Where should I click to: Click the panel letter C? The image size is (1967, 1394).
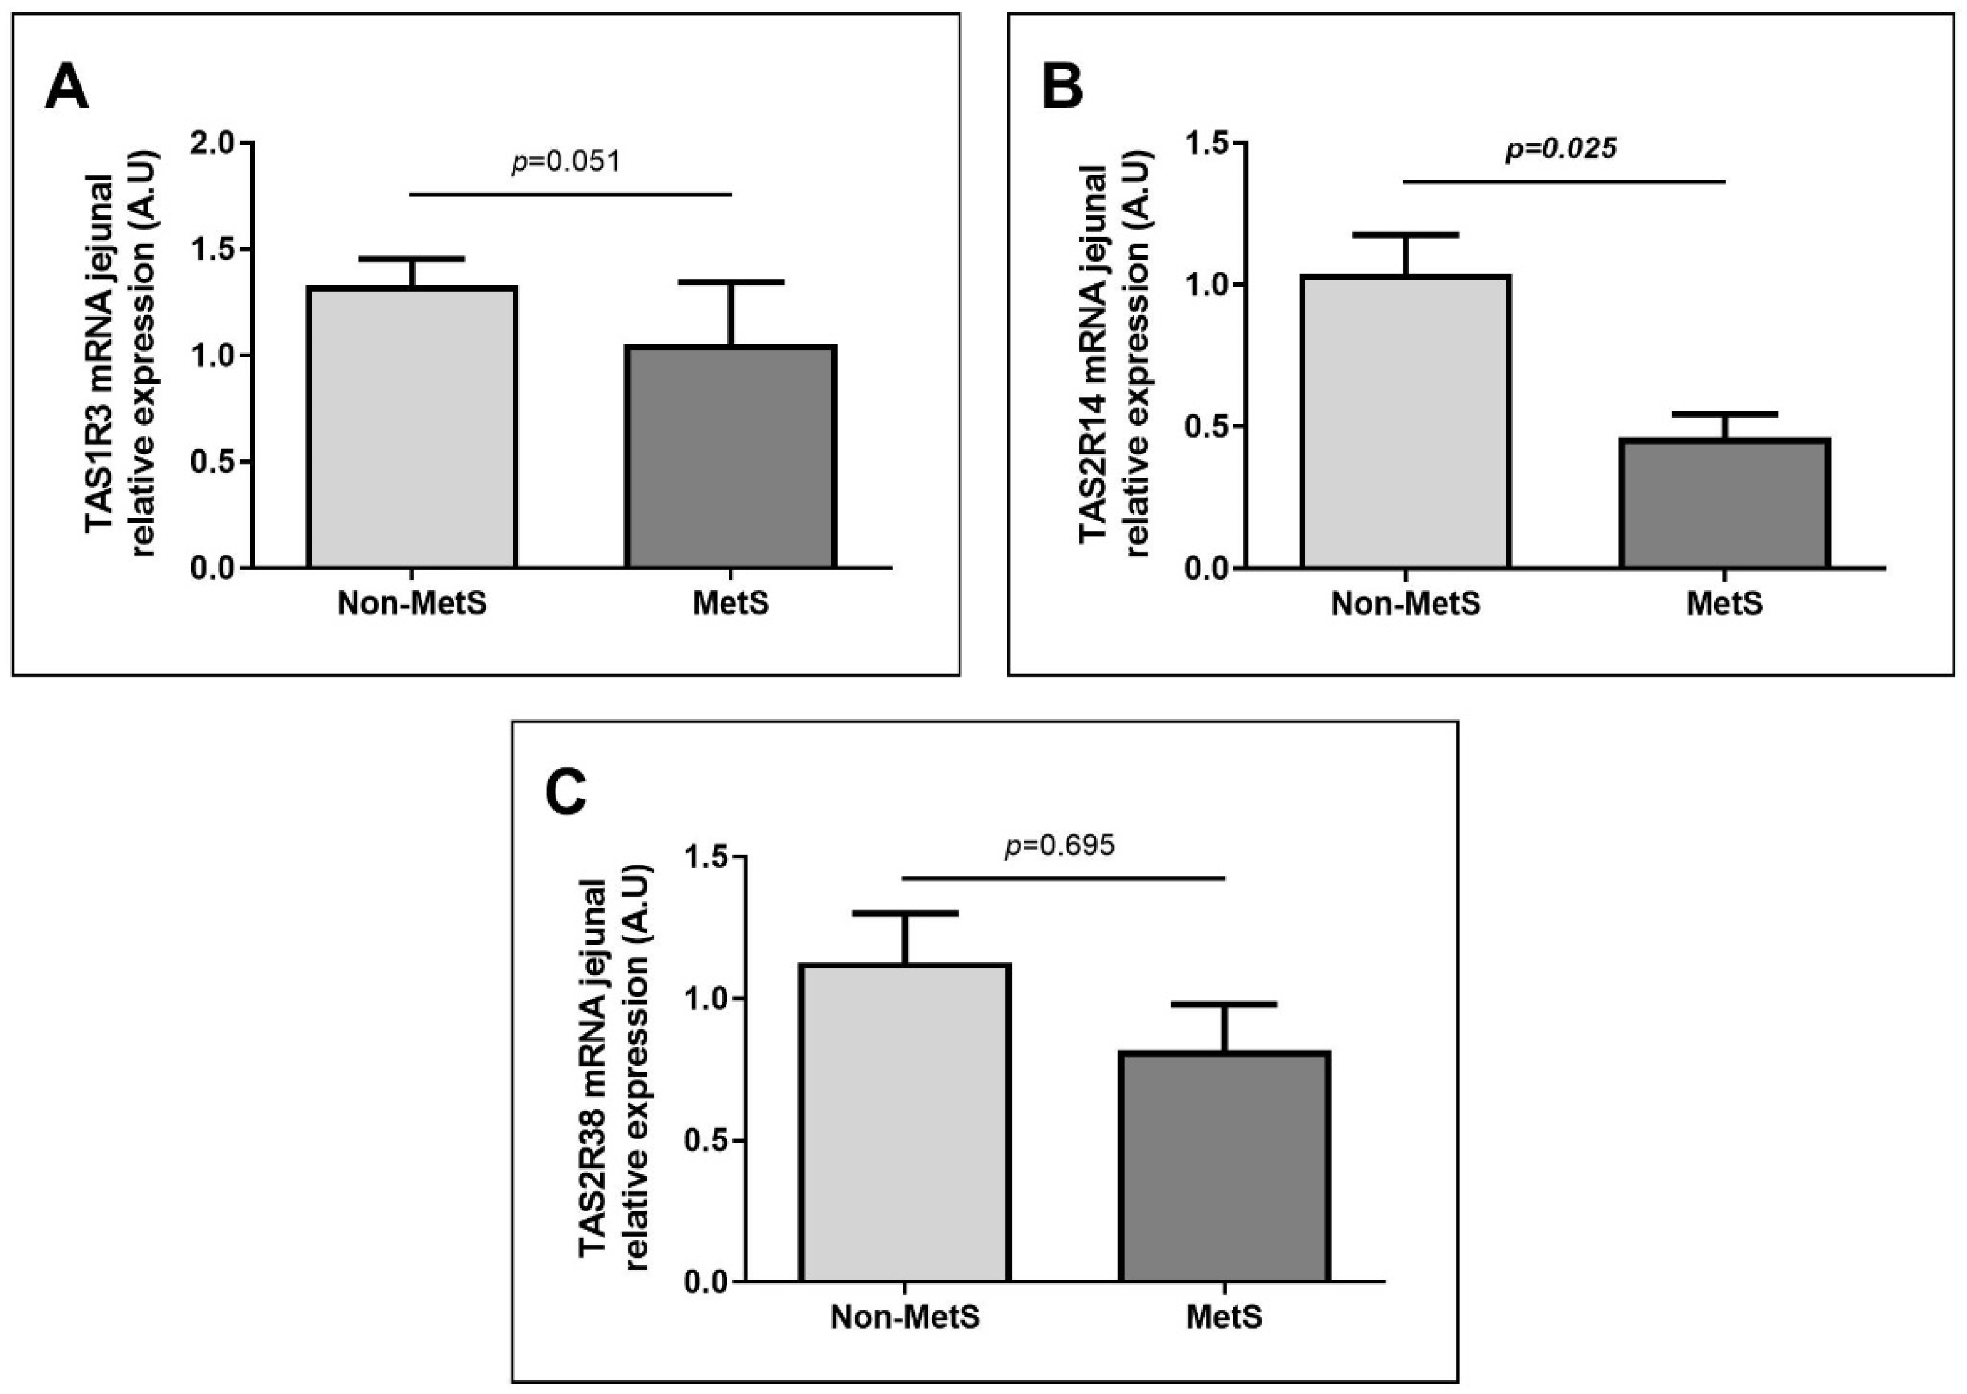pos(566,792)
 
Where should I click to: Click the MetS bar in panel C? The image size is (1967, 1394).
pos(1225,1166)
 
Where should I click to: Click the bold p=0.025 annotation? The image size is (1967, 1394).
pos(1561,148)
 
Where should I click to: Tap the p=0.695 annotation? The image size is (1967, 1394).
pos(1060,846)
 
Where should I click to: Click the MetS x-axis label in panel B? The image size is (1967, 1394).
pos(1725,603)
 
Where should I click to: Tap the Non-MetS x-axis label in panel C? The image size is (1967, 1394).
pos(904,1317)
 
